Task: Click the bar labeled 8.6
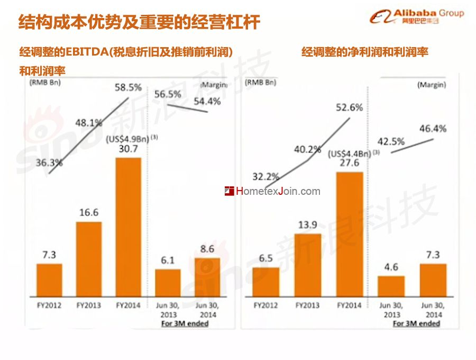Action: (207, 278)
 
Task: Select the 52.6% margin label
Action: (349, 107)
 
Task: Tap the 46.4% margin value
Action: (433, 128)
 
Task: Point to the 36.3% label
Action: (49, 163)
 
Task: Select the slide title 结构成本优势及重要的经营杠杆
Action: (139, 22)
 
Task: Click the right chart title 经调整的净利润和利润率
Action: (365, 52)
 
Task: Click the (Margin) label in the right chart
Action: (431, 84)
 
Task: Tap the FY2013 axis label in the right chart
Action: (308, 305)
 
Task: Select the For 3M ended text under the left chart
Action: (185, 323)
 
